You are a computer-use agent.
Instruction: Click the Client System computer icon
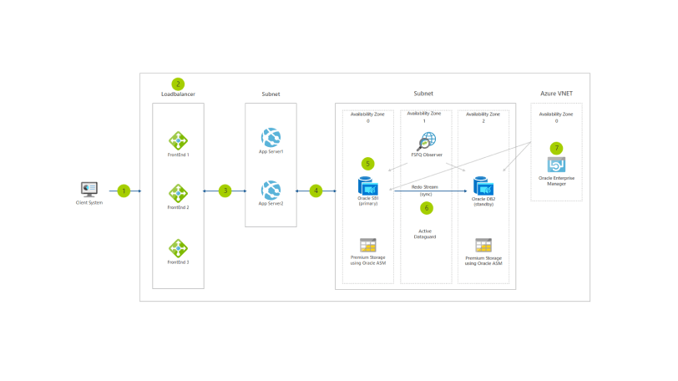(89, 190)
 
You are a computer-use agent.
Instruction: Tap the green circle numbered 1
(124, 190)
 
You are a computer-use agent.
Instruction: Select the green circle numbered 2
(177, 84)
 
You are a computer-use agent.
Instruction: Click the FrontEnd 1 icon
(178, 140)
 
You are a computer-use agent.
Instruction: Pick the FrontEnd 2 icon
(178, 194)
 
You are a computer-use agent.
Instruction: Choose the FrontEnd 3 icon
(178, 248)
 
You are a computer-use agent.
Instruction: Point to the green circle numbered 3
(225, 190)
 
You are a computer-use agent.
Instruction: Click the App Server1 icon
(271, 137)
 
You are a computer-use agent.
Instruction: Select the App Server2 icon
(271, 190)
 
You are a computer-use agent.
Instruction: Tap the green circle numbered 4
(316, 190)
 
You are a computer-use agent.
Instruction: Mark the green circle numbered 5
(368, 163)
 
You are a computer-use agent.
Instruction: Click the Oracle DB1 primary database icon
(368, 185)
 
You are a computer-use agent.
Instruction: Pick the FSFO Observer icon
(427, 141)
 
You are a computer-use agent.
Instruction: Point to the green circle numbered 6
(427, 207)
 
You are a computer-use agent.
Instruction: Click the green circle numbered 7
(556, 148)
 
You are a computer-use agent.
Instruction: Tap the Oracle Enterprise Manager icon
(556, 165)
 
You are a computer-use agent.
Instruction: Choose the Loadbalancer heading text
(178, 94)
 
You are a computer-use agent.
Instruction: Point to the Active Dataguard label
(426, 233)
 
